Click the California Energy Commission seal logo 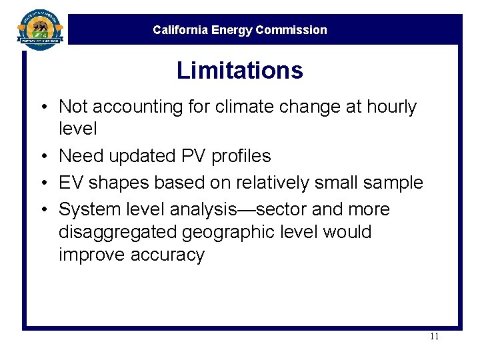(40, 29)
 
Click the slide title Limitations (239, 71)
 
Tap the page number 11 (434, 336)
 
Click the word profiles (241, 156)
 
